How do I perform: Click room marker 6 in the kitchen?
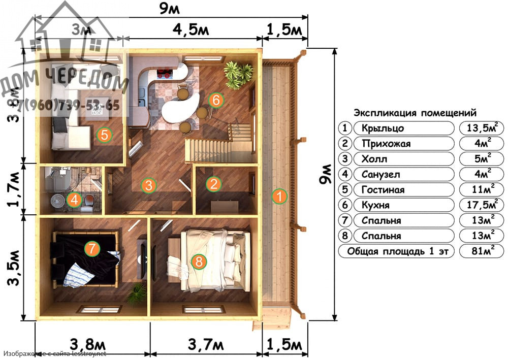point(216,101)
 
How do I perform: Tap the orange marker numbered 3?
point(148,185)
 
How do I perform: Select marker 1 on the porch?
point(278,196)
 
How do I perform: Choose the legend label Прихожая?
point(384,144)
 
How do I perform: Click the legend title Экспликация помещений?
point(415,113)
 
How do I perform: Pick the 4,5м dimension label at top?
point(190,30)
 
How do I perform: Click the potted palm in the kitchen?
point(237,74)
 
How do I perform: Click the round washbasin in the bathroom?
point(57,201)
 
